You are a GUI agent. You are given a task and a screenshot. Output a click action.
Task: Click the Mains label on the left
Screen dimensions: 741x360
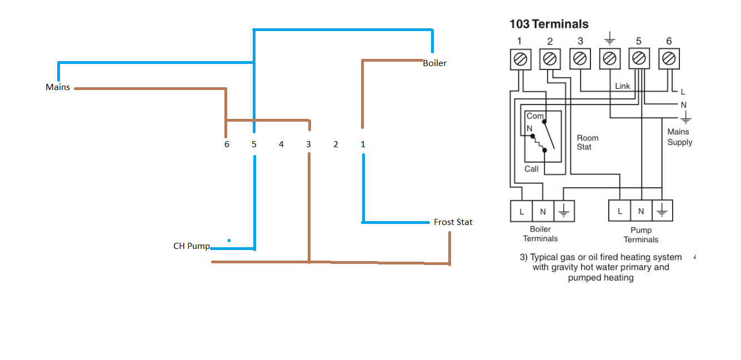click(58, 87)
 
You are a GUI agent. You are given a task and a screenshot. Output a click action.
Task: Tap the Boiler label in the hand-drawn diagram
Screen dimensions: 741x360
click(435, 63)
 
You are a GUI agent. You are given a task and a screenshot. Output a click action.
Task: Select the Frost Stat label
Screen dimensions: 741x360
click(453, 222)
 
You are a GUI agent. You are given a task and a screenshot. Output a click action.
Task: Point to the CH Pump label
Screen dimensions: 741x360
click(192, 246)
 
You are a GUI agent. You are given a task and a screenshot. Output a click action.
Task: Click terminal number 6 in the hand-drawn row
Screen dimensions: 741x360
click(227, 144)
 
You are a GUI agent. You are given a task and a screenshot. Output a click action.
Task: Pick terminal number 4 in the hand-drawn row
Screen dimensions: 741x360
click(281, 144)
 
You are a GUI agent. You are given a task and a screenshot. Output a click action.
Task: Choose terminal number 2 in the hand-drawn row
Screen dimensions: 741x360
click(336, 144)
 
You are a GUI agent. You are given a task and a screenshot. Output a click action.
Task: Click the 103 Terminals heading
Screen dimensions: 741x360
click(549, 24)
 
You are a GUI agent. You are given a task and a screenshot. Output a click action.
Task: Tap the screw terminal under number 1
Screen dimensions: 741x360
click(520, 59)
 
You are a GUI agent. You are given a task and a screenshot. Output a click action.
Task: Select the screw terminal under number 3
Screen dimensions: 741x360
click(580, 59)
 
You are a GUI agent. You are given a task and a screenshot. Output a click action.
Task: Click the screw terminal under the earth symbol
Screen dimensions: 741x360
click(610, 59)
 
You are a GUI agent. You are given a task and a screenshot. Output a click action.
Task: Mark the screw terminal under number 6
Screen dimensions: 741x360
click(669, 59)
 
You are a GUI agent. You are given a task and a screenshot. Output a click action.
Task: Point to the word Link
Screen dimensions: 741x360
click(623, 86)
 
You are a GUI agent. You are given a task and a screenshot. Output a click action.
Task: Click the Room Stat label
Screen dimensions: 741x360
click(588, 142)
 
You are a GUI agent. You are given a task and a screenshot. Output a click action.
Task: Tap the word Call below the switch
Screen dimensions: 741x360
click(532, 169)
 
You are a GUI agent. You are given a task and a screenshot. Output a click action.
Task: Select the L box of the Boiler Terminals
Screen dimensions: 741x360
click(522, 211)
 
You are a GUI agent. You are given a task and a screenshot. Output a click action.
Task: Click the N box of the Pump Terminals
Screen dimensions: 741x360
click(641, 211)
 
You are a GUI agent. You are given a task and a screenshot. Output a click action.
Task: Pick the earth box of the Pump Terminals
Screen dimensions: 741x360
click(662, 211)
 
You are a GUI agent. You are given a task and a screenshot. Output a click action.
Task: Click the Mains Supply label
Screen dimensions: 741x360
click(680, 137)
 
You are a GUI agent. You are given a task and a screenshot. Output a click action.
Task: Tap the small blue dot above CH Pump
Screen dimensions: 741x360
click(229, 241)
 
